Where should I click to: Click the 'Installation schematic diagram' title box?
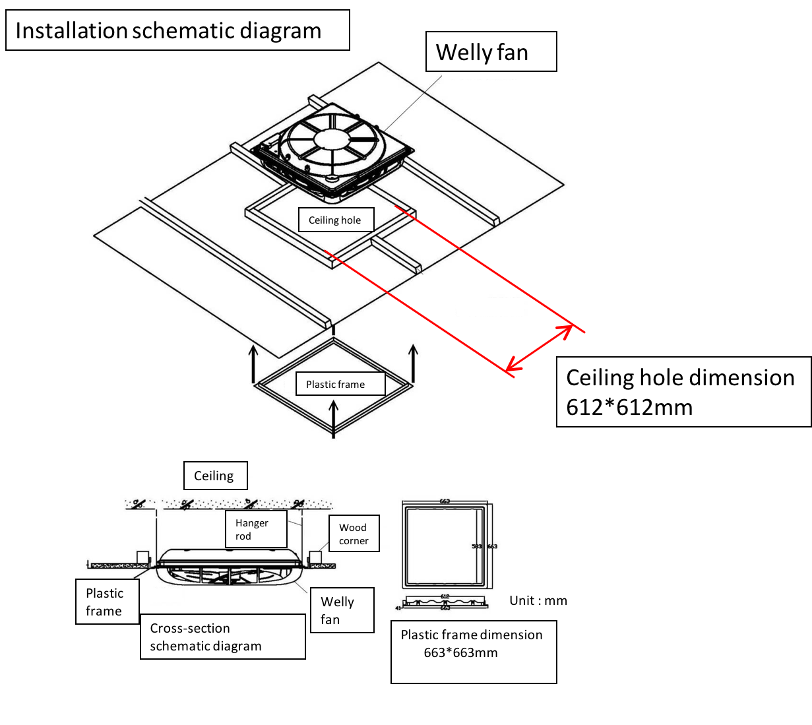tap(177, 30)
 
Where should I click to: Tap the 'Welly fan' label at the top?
tap(490, 51)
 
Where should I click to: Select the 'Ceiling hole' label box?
tap(334, 220)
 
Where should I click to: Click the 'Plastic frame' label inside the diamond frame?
tap(335, 384)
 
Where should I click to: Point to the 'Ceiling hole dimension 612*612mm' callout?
tap(683, 392)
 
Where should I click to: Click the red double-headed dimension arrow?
tap(539, 348)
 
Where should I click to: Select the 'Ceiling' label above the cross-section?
tap(214, 476)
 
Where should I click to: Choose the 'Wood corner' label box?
tap(354, 534)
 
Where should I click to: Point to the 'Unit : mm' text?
tap(538, 600)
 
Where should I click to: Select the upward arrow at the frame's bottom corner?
tap(334, 418)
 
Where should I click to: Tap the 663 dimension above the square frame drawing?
tap(445, 501)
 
